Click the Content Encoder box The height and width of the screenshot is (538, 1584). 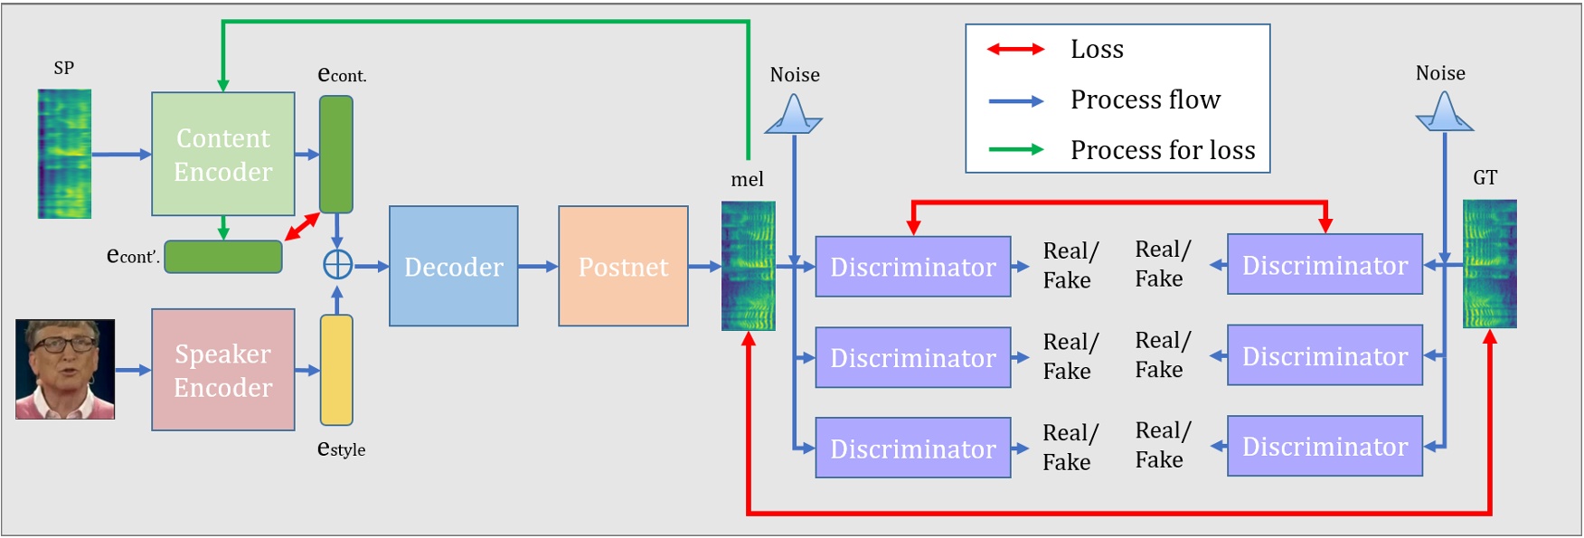click(x=222, y=154)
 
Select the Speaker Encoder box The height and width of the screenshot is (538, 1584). click(x=222, y=370)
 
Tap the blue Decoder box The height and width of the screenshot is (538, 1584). click(x=453, y=266)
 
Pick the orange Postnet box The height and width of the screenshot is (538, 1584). click(x=623, y=266)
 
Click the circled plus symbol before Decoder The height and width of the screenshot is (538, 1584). click(x=337, y=265)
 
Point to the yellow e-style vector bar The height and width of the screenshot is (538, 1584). click(x=336, y=370)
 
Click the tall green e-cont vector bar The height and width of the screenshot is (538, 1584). click(x=336, y=154)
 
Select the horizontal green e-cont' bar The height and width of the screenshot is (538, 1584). click(x=223, y=257)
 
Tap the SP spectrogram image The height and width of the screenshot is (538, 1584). click(x=64, y=154)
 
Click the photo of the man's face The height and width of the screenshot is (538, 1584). click(x=65, y=369)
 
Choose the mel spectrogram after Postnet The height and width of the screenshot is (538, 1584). click(x=748, y=266)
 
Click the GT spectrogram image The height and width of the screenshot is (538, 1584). click(x=1489, y=264)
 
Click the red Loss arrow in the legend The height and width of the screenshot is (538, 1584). click(x=1015, y=49)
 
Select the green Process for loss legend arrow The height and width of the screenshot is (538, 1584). click(x=1015, y=149)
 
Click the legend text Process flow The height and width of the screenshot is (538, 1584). click(x=1145, y=99)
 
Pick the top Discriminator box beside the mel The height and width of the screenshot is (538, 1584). click(x=912, y=267)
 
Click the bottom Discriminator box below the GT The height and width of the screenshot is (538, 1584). click(x=1325, y=446)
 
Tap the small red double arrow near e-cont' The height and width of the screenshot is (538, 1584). click(x=302, y=227)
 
